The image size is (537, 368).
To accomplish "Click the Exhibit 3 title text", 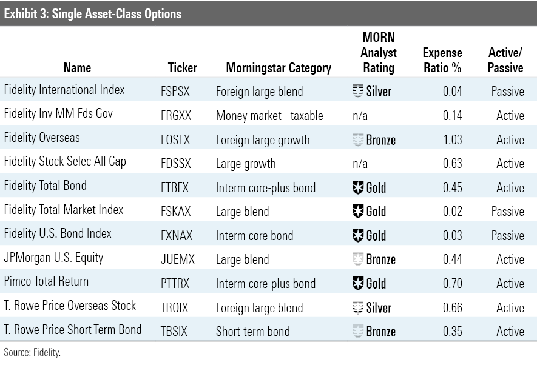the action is pyautogui.click(x=92, y=14).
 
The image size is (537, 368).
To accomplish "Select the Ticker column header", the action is pyautogui.click(x=183, y=68).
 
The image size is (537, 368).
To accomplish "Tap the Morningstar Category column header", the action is pyautogui.click(x=279, y=68).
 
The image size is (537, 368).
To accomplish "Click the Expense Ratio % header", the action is pyautogui.click(x=442, y=60).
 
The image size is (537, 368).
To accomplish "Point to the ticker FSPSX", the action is pyautogui.click(x=175, y=92).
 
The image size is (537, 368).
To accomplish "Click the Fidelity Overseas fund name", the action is pyautogui.click(x=42, y=138).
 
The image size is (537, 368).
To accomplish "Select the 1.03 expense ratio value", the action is pyautogui.click(x=453, y=139).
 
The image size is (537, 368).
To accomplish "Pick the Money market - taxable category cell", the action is pyautogui.click(x=269, y=116).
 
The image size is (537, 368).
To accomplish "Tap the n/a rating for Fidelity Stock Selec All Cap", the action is pyautogui.click(x=360, y=164).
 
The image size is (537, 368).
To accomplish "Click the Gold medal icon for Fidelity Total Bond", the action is pyautogui.click(x=358, y=187).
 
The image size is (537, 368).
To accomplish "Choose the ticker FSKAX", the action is pyautogui.click(x=176, y=212).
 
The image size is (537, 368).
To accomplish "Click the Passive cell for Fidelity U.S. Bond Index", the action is pyautogui.click(x=507, y=236).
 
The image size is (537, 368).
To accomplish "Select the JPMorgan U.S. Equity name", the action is pyautogui.click(x=53, y=258).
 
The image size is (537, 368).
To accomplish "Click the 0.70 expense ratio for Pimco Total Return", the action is pyautogui.click(x=453, y=284).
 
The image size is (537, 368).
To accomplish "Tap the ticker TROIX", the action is pyautogui.click(x=174, y=308).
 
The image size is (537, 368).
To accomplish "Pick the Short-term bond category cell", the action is pyautogui.click(x=253, y=332).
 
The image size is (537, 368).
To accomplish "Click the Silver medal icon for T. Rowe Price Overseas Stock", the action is pyautogui.click(x=358, y=307).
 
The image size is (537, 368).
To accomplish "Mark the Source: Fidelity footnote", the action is pyautogui.click(x=32, y=353).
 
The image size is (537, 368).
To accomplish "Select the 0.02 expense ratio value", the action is pyautogui.click(x=453, y=212).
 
